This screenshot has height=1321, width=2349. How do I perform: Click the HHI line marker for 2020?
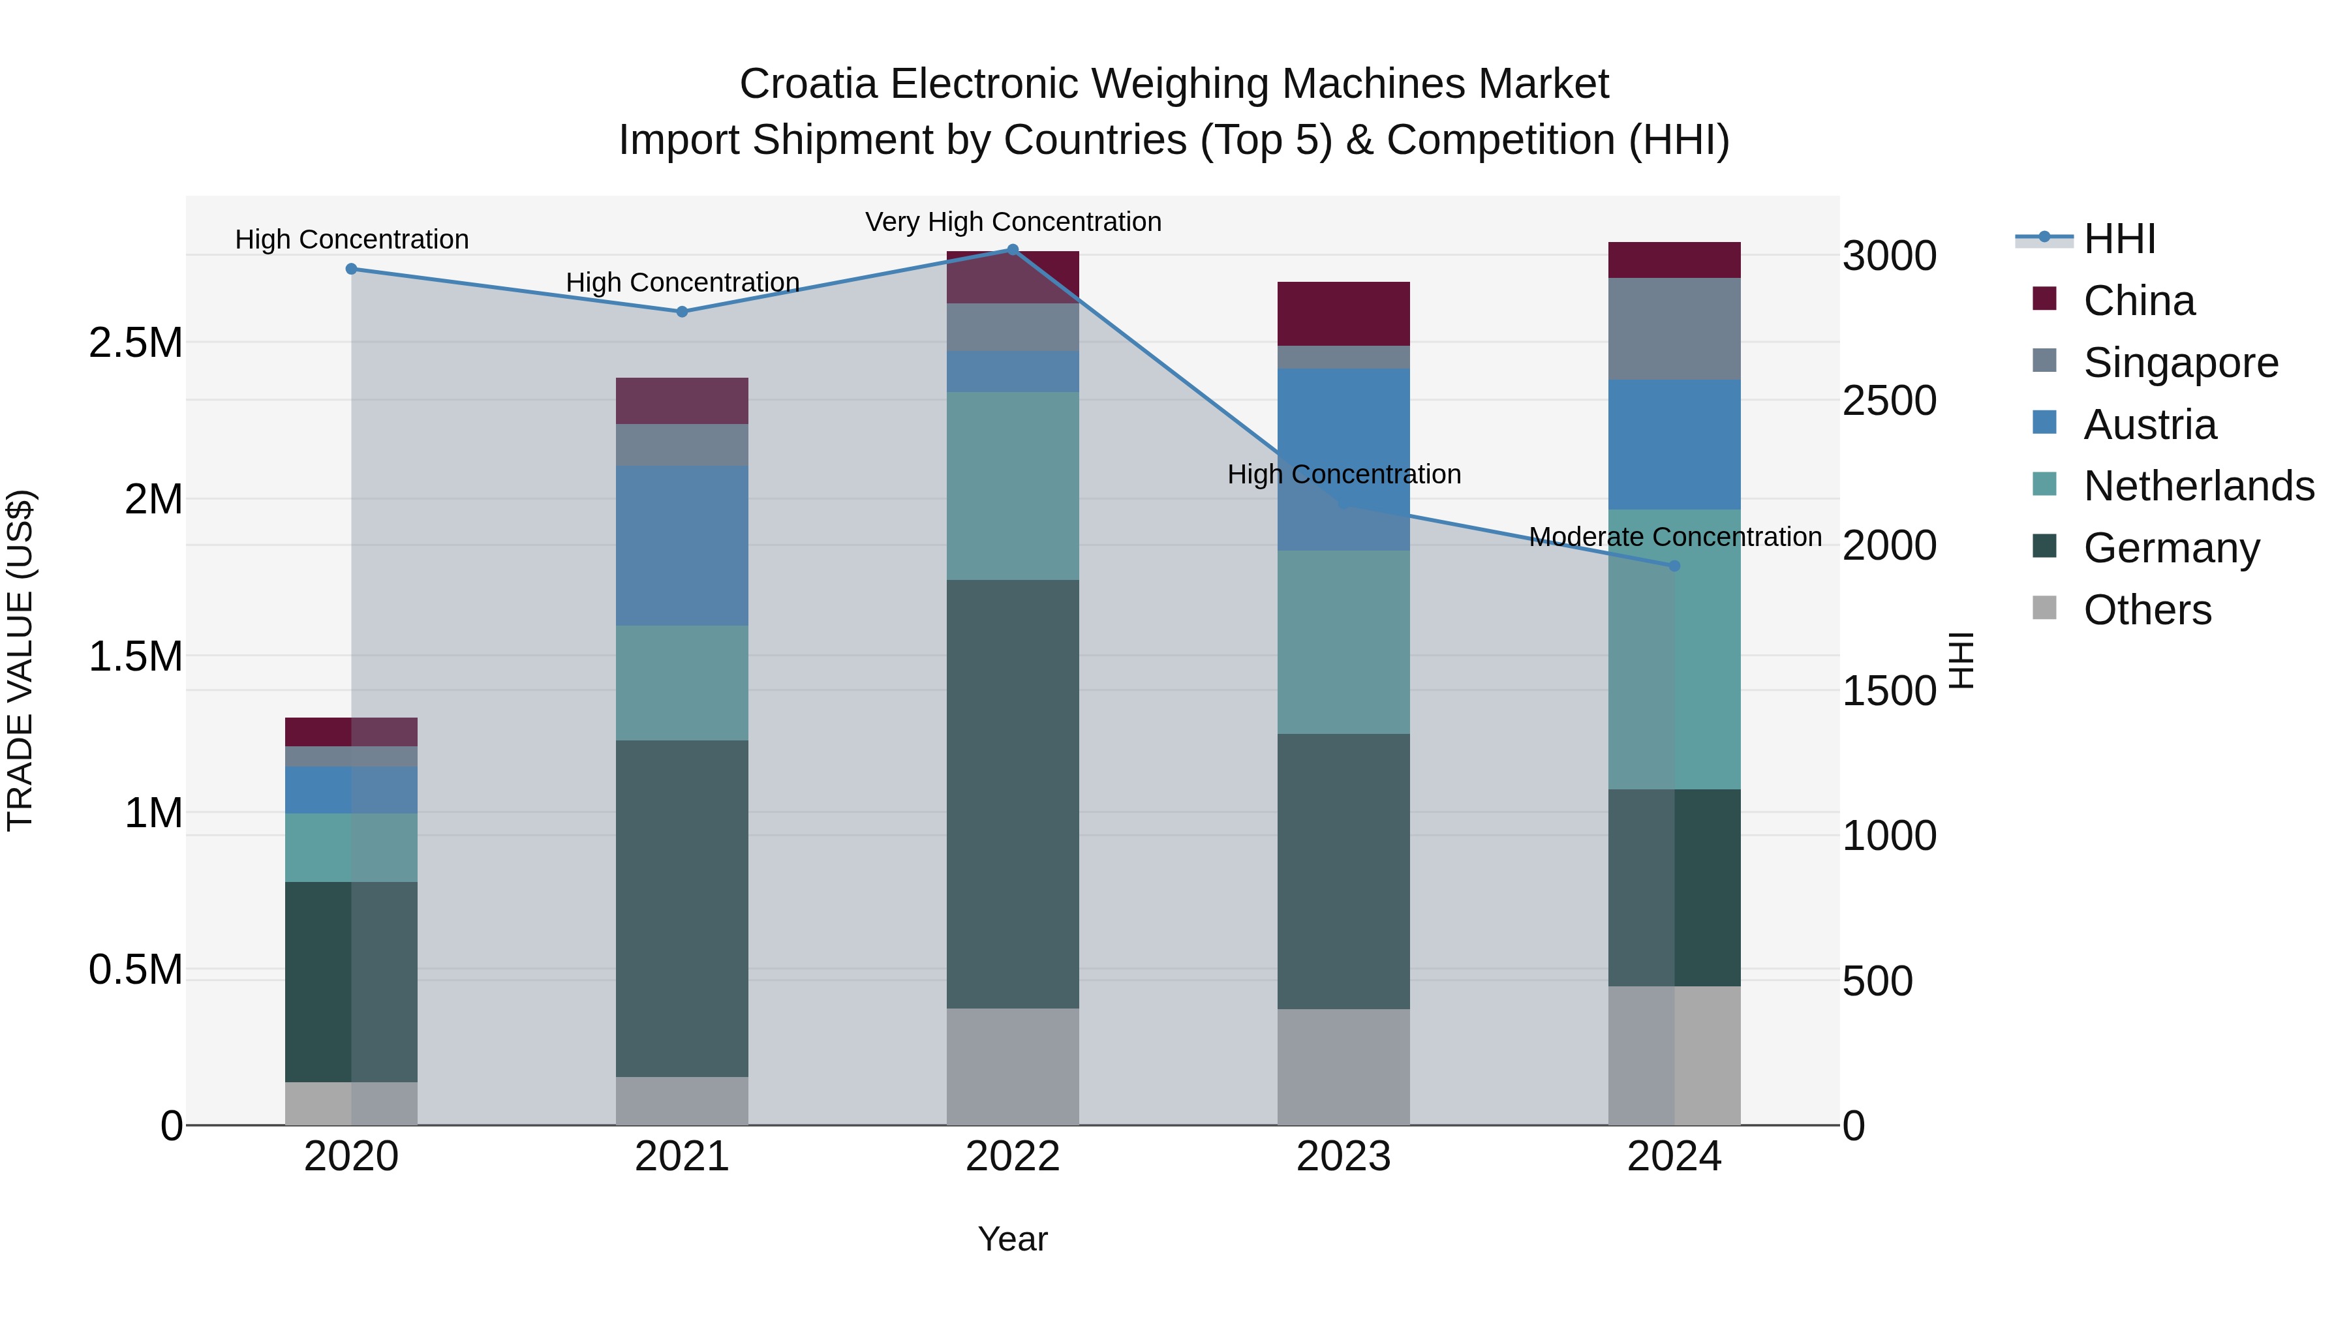351,269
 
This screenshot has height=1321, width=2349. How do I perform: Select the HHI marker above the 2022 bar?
1012,250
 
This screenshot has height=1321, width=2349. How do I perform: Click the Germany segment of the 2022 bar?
1012,793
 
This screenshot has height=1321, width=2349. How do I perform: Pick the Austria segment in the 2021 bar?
682,545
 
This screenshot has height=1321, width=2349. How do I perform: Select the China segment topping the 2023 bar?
1343,314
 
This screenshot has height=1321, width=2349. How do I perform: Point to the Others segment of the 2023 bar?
1343,1067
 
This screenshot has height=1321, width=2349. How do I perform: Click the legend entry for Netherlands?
2198,486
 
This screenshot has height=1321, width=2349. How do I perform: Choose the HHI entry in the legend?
2119,239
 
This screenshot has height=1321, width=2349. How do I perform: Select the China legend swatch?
2044,299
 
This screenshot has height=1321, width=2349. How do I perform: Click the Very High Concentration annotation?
1012,222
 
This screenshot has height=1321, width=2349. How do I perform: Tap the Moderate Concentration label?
1674,537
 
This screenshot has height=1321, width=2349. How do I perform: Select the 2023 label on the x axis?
1343,1157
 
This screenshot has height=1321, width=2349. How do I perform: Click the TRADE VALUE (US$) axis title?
20,660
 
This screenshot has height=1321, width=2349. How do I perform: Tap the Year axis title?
1012,1239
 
